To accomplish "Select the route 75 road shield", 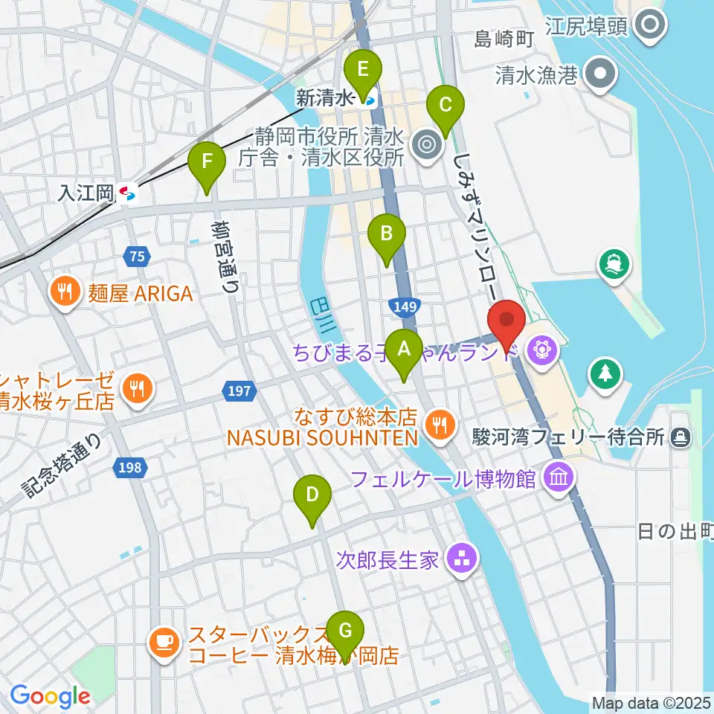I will click(x=136, y=257).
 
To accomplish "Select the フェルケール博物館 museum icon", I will click(x=559, y=477).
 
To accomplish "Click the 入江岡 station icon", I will click(x=127, y=194).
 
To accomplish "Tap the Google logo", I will click(x=51, y=697).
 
